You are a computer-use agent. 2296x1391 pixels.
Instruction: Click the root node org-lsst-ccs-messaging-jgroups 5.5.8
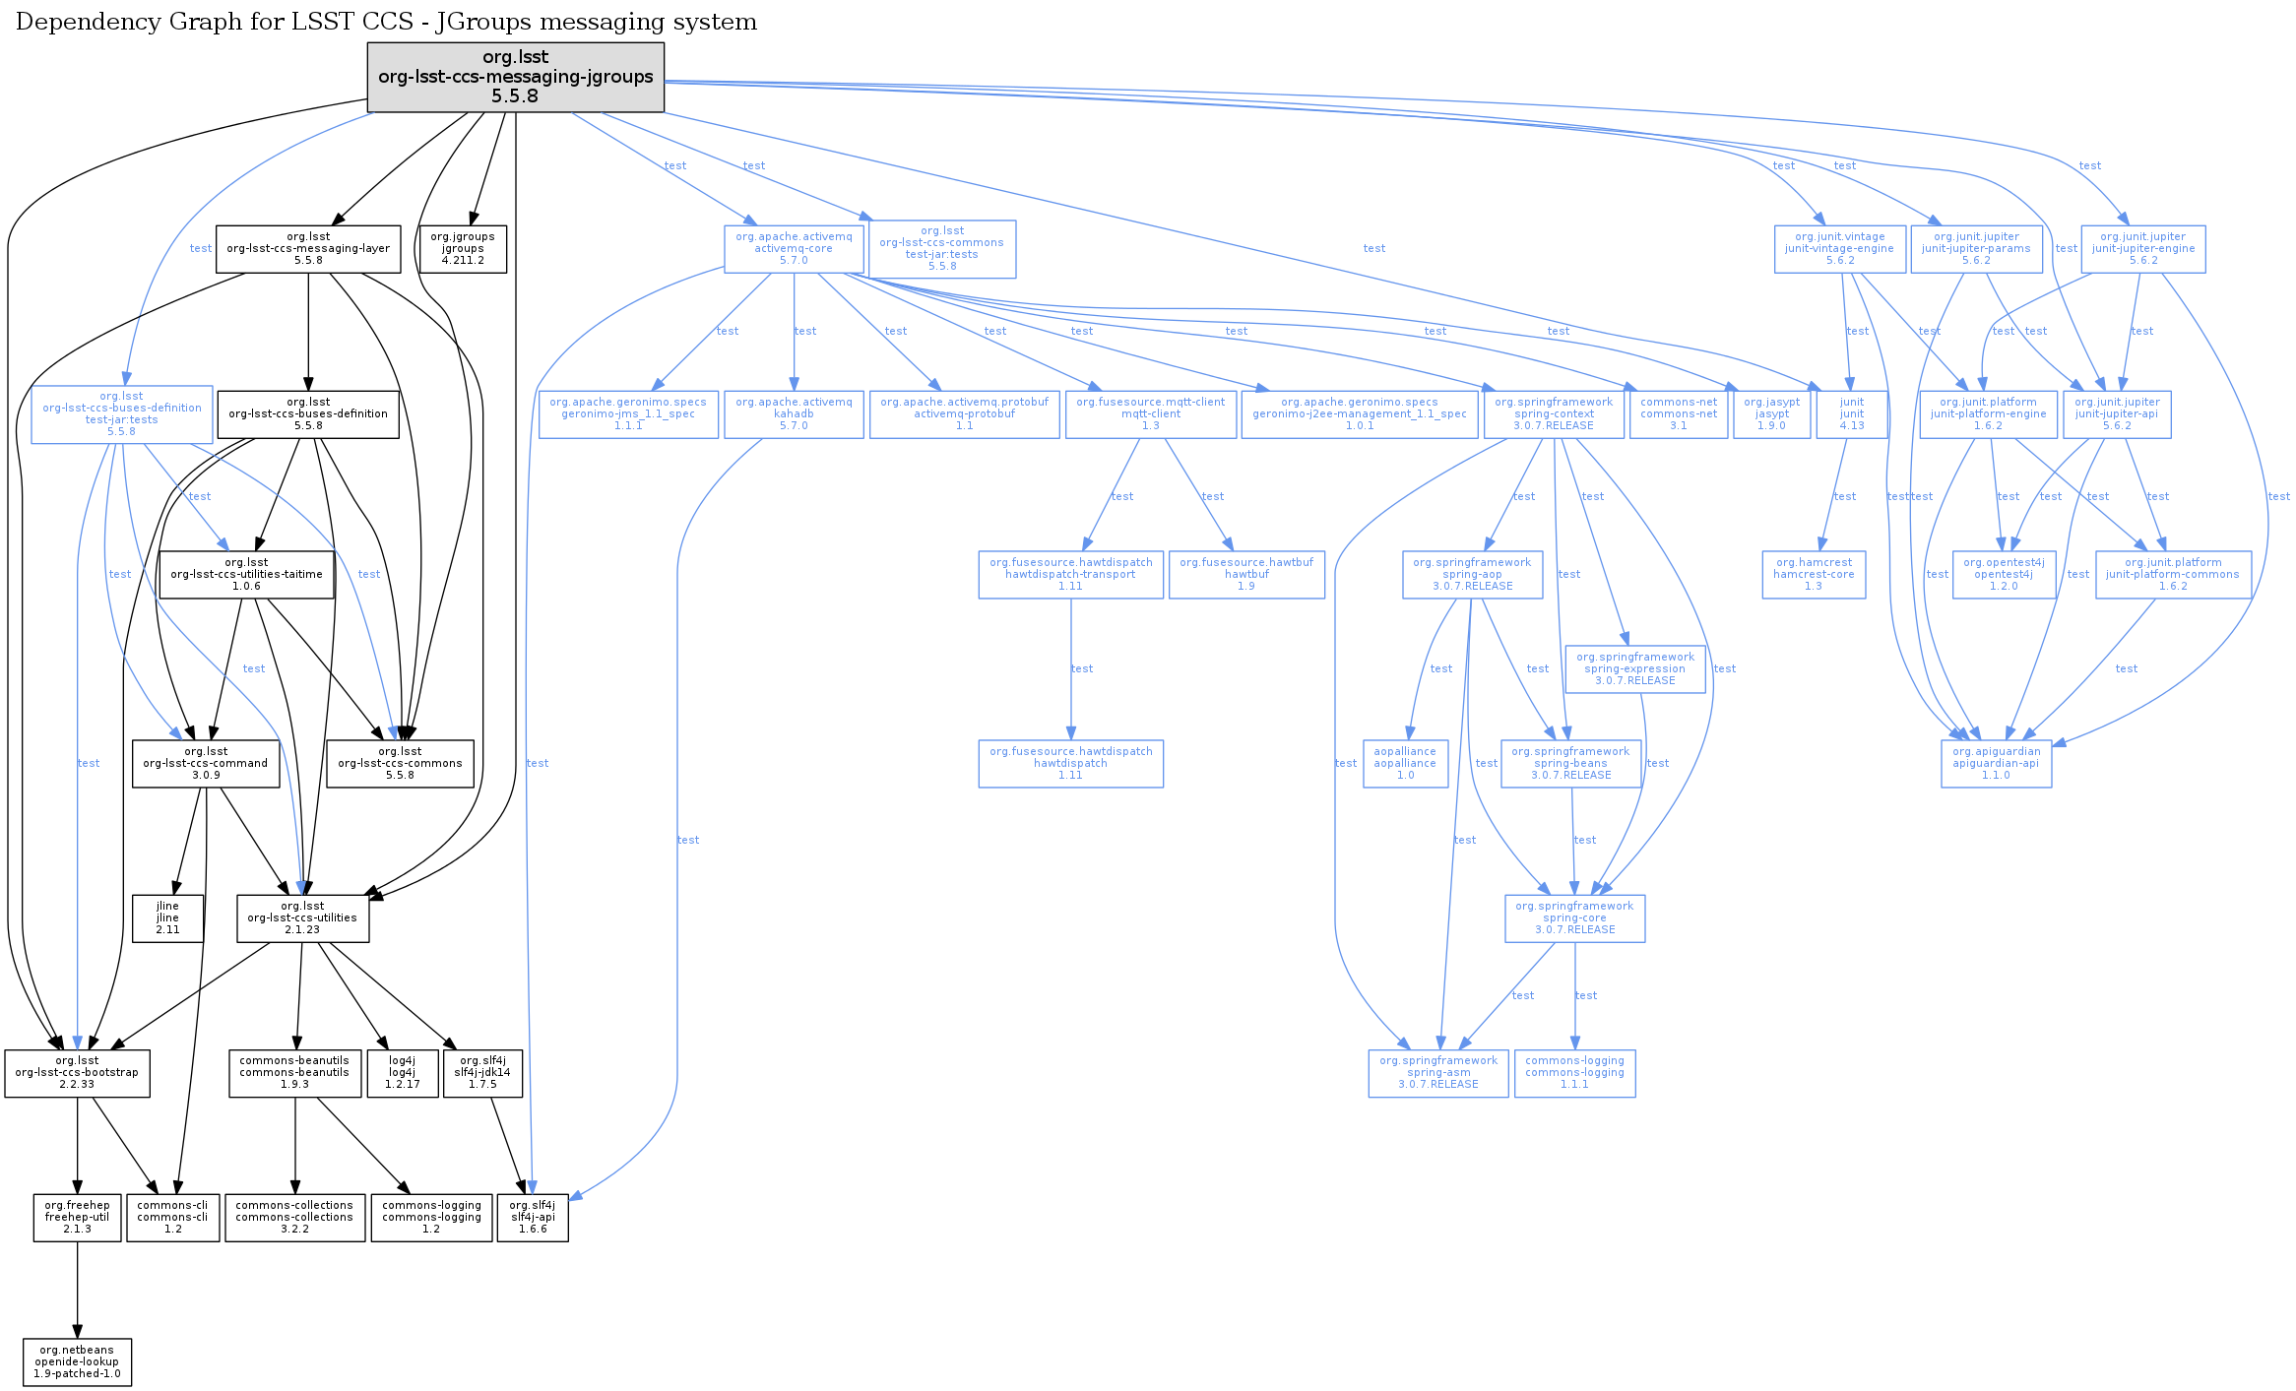(x=515, y=77)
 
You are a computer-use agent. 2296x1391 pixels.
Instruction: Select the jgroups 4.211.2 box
(x=463, y=249)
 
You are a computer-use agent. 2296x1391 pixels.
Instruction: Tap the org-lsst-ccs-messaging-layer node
(x=308, y=249)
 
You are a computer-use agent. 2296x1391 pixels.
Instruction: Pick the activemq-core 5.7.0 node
(x=794, y=249)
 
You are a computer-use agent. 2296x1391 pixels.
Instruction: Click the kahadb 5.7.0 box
(x=794, y=414)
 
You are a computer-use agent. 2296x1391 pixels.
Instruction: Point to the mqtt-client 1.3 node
(x=1150, y=414)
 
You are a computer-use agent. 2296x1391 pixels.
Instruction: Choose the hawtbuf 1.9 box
(x=1246, y=575)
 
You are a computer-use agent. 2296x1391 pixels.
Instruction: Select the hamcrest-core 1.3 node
(x=1814, y=575)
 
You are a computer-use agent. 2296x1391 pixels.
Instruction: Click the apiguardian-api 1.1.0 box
(x=1996, y=764)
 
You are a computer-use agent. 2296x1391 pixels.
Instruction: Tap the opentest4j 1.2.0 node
(x=2004, y=575)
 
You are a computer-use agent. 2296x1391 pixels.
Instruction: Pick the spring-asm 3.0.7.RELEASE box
(x=1437, y=1073)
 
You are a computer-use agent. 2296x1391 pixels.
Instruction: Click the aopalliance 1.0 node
(x=1405, y=764)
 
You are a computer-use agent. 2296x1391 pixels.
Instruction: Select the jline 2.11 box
(x=168, y=918)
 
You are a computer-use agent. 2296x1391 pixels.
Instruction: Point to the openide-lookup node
(x=77, y=1362)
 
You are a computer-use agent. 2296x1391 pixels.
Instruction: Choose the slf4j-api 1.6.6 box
(x=533, y=1218)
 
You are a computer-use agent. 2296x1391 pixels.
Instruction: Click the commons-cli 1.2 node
(x=172, y=1218)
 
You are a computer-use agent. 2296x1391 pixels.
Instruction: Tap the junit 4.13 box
(x=1852, y=414)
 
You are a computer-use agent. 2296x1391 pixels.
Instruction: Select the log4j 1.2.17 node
(x=402, y=1073)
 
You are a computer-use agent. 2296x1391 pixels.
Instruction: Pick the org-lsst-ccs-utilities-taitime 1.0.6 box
(x=246, y=575)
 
